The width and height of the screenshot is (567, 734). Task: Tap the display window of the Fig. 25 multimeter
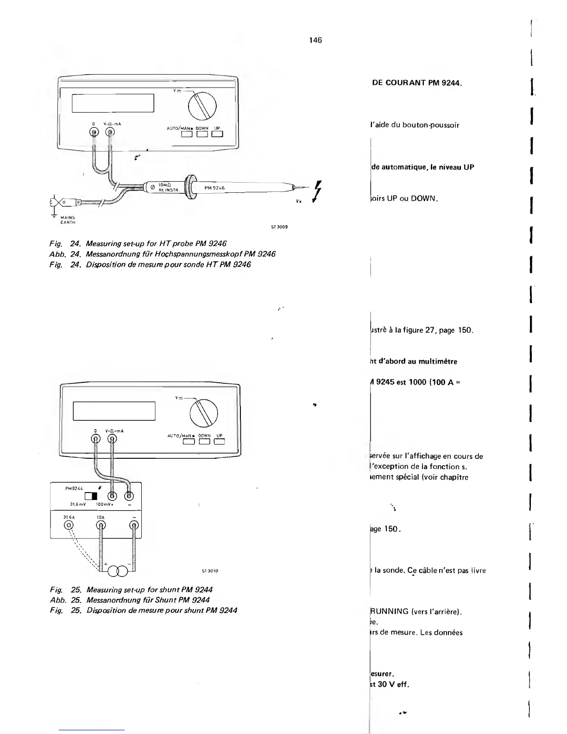(x=114, y=411)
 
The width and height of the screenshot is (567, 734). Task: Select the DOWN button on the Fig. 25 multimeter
(x=204, y=441)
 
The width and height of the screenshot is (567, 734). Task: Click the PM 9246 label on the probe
(x=214, y=188)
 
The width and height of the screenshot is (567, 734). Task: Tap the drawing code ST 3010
(x=210, y=571)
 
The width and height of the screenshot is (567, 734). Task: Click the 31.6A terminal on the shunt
(x=69, y=525)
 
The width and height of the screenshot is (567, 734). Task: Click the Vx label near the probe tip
(x=298, y=202)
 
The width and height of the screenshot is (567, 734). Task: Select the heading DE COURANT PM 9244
(x=417, y=83)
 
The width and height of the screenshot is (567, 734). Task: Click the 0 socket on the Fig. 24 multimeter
(x=94, y=132)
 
